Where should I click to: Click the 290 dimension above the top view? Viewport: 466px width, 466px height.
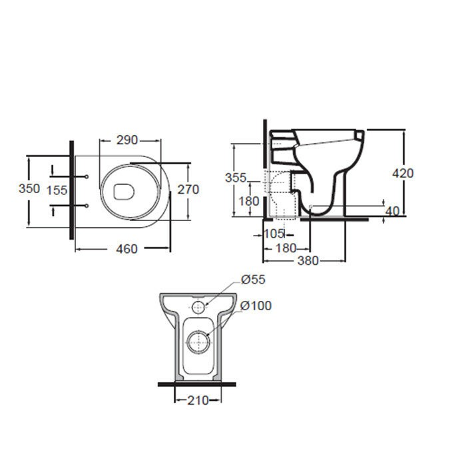point(127,140)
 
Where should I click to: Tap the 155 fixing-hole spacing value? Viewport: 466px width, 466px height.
point(57,190)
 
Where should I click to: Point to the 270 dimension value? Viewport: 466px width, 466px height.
point(188,189)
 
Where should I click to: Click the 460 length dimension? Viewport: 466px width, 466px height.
point(126,249)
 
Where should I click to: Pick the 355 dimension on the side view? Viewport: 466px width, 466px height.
point(235,178)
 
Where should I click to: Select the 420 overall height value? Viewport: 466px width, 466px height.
point(402,173)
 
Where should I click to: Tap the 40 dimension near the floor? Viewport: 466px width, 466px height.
point(392,211)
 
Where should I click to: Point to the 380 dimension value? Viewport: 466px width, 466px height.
point(308,260)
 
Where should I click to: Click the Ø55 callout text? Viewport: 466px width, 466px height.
point(252,280)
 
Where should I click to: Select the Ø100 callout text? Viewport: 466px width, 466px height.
point(256,306)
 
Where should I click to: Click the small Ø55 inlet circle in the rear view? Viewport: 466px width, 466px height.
point(198,307)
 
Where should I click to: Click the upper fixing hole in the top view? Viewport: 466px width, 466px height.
point(87,176)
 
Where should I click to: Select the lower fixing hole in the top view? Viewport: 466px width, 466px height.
point(87,206)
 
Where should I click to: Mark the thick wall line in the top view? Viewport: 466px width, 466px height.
point(71,190)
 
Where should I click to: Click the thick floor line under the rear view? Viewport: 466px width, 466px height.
point(197,384)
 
